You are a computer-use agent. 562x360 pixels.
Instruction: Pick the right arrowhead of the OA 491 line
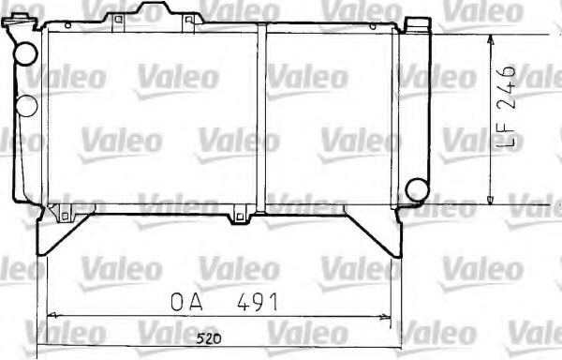(388, 315)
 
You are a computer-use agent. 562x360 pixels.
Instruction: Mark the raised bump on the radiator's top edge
(152, 14)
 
